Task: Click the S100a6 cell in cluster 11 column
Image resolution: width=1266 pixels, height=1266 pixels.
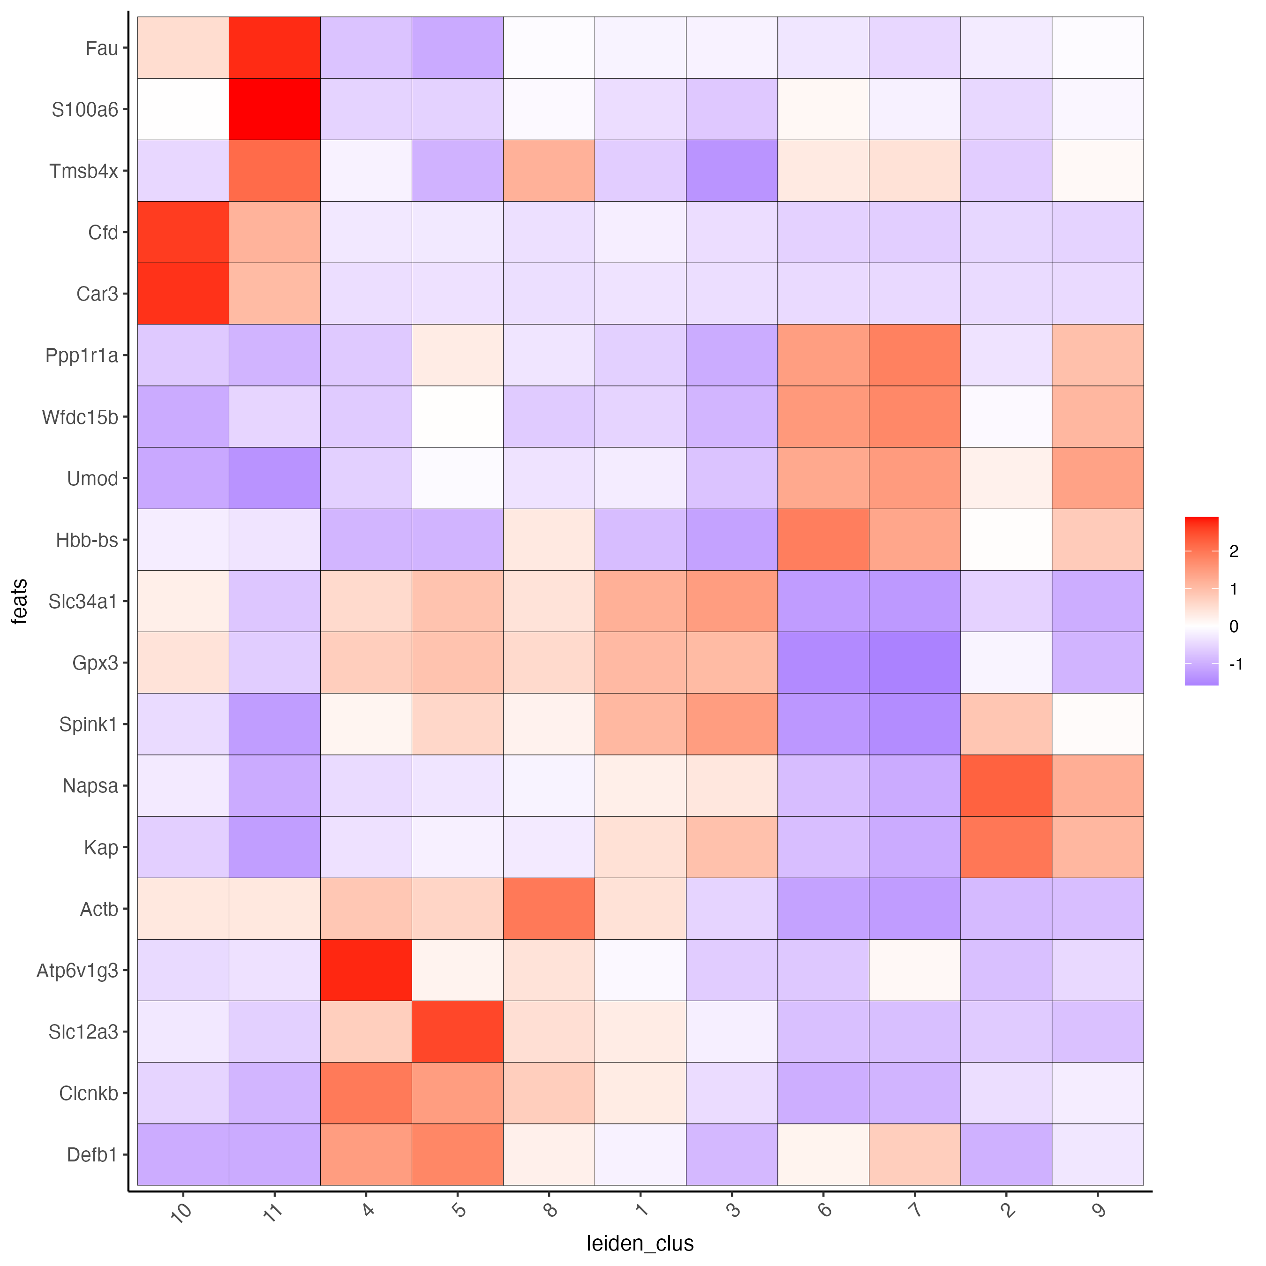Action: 275,109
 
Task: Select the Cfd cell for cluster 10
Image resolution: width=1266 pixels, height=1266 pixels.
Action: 183,232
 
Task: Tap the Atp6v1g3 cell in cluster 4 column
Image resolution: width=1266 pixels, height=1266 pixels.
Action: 366,970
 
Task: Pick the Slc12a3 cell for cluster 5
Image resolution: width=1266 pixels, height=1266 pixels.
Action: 457,1032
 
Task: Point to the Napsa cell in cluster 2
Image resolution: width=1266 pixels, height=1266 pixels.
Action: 1006,785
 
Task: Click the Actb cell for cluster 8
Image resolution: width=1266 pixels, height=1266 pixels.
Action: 549,908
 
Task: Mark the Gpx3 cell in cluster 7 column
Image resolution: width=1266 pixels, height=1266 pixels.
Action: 915,663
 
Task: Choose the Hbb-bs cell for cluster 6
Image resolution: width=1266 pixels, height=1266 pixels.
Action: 823,539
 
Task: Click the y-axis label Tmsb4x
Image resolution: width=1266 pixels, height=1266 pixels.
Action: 84,171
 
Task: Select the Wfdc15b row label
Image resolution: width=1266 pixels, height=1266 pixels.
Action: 80,417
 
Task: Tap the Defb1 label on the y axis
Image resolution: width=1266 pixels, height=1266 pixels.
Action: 92,1154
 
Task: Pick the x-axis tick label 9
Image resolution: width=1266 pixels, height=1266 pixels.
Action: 1099,1208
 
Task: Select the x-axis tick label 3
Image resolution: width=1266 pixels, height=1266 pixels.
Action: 733,1208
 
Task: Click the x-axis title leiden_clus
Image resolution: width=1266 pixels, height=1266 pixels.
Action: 640,1243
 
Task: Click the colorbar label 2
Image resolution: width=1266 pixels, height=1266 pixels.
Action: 1234,551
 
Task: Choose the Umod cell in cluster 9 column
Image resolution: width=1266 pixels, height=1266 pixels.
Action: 1098,478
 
